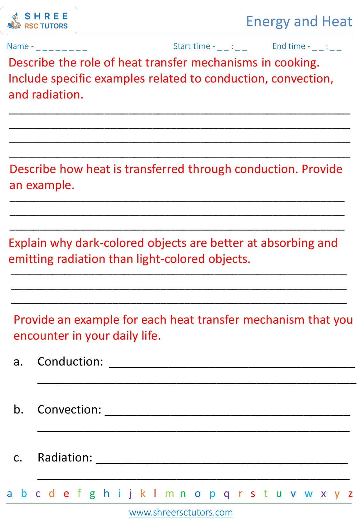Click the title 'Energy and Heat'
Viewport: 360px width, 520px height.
pos(299,21)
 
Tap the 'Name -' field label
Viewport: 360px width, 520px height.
pos(20,46)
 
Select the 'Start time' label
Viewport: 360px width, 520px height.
pos(192,46)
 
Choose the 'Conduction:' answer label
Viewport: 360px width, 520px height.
pos(70,362)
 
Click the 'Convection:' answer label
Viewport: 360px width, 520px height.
pos(69,410)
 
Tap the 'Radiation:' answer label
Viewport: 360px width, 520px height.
pos(65,458)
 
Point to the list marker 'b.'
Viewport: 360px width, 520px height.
pos(19,410)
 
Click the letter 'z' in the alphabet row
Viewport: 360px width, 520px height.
pos(350,494)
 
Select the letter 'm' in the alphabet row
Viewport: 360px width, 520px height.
pos(169,494)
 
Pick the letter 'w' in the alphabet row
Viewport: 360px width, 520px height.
pos(308,494)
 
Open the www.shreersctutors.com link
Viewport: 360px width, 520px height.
pos(181,512)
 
